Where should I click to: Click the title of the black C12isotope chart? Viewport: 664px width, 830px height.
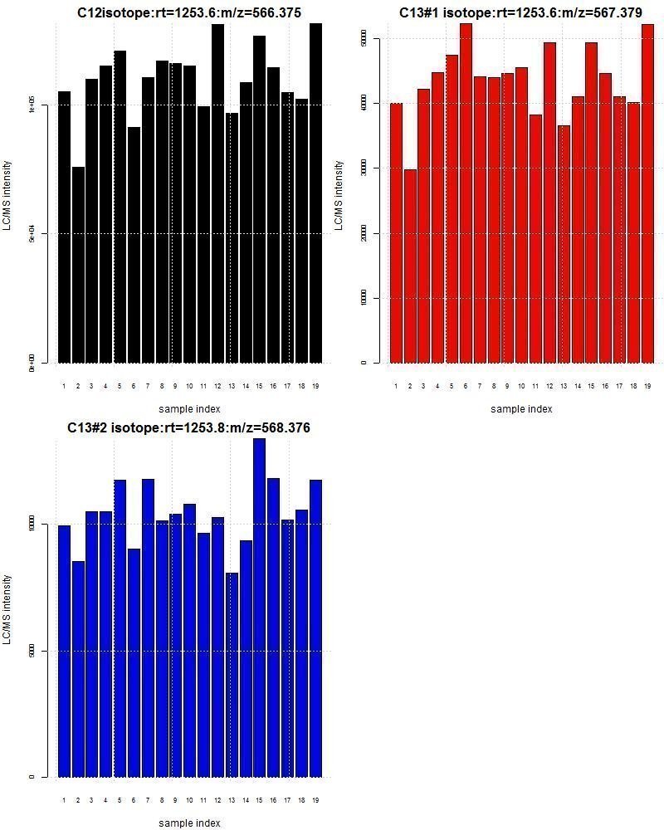[189, 12]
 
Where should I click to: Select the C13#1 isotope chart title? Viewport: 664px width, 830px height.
[521, 12]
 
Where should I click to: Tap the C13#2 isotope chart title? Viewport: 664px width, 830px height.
[189, 427]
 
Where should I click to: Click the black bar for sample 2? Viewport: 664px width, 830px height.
[78, 266]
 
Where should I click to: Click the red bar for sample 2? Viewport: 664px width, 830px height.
[410, 266]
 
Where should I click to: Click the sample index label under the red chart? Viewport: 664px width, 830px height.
[521, 408]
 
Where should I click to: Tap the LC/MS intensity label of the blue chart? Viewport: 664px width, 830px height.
[7, 609]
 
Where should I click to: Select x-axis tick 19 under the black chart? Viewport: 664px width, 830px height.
[315, 386]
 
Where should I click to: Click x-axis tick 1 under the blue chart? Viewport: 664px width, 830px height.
[64, 800]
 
